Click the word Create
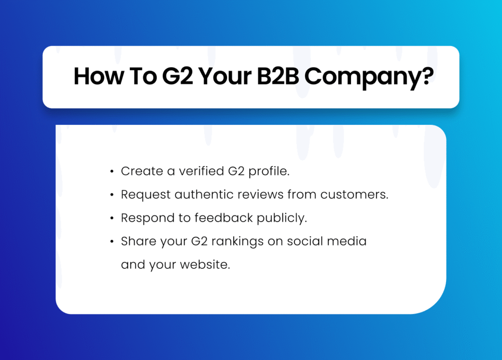point(142,171)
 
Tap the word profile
point(269,172)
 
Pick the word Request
point(146,195)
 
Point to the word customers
point(354,194)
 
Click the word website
point(205,264)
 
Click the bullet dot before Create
point(112,172)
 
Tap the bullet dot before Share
point(112,241)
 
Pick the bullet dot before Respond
point(112,218)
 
